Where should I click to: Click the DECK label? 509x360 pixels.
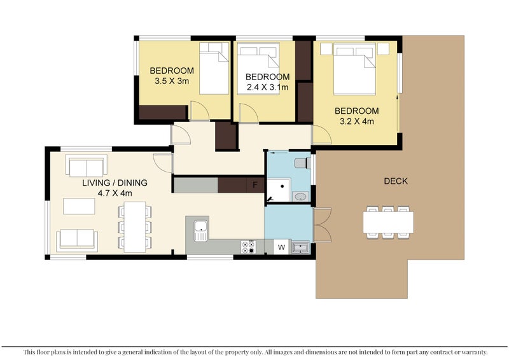[x=395, y=181]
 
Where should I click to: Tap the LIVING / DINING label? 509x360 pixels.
[x=115, y=183]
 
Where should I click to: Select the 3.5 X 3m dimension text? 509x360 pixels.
[x=172, y=81]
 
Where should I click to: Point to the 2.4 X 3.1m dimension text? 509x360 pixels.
[x=267, y=87]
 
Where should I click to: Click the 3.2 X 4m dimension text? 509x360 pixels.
[x=357, y=121]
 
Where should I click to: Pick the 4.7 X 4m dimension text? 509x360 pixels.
[x=115, y=193]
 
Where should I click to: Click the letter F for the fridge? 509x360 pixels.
[x=255, y=185]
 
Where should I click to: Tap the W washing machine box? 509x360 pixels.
[x=281, y=247]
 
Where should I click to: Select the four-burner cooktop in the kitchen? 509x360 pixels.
[x=248, y=247]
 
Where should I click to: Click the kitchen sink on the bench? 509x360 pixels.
[x=200, y=230]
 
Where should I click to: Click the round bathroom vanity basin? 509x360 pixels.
[x=300, y=197]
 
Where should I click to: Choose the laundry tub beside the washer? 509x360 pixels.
[x=300, y=248]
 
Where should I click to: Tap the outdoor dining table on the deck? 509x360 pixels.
[x=388, y=222]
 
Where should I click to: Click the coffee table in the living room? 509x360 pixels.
[x=79, y=207]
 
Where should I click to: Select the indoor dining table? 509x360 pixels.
[x=135, y=227]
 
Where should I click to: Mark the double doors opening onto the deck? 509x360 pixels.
[x=323, y=225]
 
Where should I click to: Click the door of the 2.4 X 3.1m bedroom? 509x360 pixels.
[x=249, y=113]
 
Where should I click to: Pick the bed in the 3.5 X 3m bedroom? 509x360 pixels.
[x=214, y=68]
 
